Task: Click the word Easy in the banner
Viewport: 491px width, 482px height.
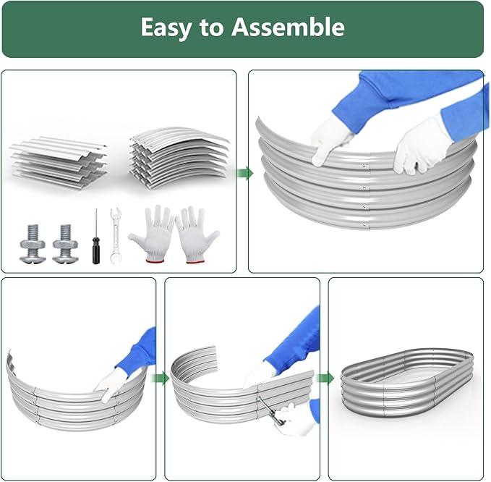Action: coord(166,28)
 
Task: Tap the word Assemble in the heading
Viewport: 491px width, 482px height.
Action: coord(288,27)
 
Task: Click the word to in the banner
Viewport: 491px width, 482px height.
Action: coord(211,28)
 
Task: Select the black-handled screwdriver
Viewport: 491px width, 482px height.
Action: coord(96,237)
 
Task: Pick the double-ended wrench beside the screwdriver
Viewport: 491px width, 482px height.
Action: coord(115,235)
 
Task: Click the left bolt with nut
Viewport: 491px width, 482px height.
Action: coord(33,243)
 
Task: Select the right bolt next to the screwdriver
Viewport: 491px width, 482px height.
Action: coord(66,243)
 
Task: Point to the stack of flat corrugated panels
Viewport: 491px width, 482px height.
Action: coord(59,163)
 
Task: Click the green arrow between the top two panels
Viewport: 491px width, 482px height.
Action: coord(244,173)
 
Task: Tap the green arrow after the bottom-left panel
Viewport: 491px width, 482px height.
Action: coord(160,379)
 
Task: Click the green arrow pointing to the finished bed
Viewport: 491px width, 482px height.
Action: coord(325,379)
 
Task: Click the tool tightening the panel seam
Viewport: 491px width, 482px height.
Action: coord(270,411)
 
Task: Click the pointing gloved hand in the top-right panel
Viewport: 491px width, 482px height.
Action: coord(329,138)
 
